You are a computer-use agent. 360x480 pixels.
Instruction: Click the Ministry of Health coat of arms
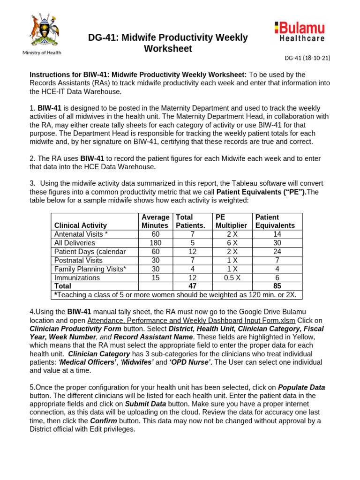[x=42, y=30]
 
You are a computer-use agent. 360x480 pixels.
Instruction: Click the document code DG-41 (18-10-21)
[x=307, y=58]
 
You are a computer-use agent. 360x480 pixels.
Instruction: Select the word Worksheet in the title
[x=168, y=49]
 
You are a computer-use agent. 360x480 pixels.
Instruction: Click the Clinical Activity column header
[x=81, y=225]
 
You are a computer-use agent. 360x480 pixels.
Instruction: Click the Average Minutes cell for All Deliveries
[x=155, y=243]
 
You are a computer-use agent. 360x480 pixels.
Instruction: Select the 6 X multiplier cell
[x=232, y=243]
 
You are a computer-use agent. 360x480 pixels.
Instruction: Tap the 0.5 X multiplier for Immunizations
[x=232, y=277]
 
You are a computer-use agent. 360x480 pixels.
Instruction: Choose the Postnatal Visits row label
[x=78, y=260]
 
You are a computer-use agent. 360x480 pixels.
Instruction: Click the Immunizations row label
[x=77, y=277]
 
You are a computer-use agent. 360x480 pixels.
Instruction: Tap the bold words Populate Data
[x=301, y=387]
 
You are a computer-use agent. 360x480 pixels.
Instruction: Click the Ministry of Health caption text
[x=42, y=52]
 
